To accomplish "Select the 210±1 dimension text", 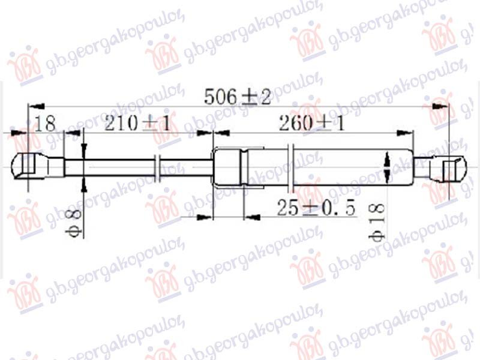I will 137,124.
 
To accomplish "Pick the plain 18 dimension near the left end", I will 45,124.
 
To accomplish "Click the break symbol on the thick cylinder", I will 292,166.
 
